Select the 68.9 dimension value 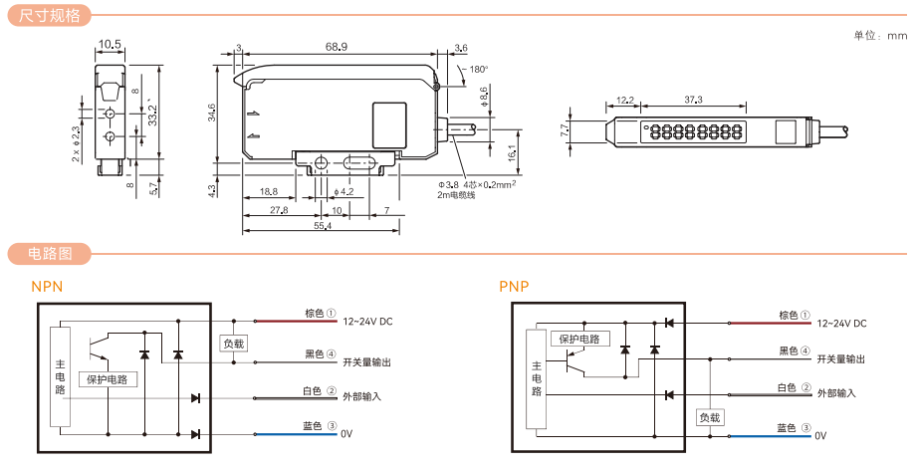tap(337, 47)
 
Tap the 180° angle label tap(478, 70)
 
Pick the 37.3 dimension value tap(694, 100)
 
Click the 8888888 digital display tap(695, 131)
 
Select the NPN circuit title tap(48, 287)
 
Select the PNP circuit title tap(514, 287)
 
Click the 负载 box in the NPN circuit tap(233, 344)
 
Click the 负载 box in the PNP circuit tap(708, 418)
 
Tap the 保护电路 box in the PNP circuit tap(578, 340)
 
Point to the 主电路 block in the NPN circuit tap(60, 377)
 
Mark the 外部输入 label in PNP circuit tap(836, 393)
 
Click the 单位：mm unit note tap(880, 36)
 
